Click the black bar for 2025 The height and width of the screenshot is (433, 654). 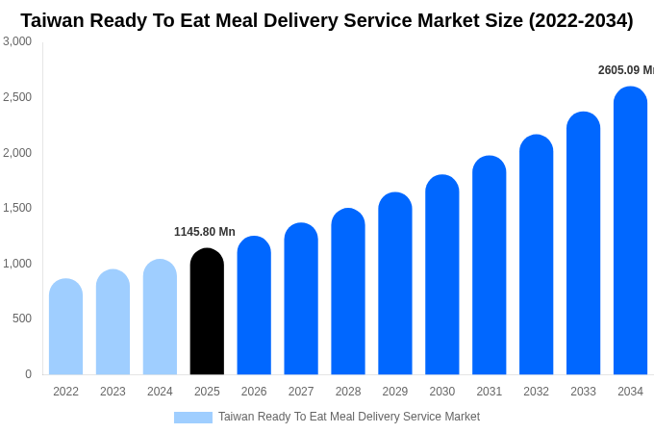click(x=207, y=312)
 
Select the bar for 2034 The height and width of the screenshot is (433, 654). click(x=630, y=231)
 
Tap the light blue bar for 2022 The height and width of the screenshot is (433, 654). click(x=65, y=327)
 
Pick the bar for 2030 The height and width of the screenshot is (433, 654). click(x=442, y=275)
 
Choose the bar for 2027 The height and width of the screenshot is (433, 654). click(x=301, y=299)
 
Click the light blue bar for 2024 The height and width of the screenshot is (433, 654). click(x=160, y=318)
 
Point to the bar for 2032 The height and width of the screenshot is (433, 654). click(x=536, y=255)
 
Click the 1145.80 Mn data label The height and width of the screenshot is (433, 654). click(x=204, y=232)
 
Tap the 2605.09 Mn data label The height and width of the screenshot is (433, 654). click(x=625, y=70)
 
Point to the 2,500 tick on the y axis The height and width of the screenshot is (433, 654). click(x=17, y=97)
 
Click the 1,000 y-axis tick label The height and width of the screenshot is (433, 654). click(x=17, y=264)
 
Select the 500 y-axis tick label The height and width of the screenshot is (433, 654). click(x=22, y=318)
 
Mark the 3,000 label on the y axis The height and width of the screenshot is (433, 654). click(x=17, y=41)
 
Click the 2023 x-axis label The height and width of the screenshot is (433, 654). click(x=113, y=392)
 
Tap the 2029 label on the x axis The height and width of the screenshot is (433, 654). click(x=395, y=392)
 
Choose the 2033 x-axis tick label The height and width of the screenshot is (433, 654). click(x=583, y=392)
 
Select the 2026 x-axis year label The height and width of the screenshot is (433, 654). click(x=254, y=392)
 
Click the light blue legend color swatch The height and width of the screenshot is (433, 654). click(x=192, y=418)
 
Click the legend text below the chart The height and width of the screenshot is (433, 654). click(x=348, y=417)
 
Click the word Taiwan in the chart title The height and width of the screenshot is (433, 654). click(x=54, y=20)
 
